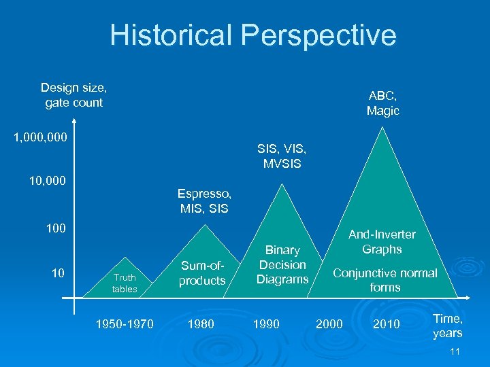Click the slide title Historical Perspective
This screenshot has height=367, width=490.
point(252,35)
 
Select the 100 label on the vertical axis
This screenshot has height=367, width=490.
point(56,228)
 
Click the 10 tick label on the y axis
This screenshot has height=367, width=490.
point(59,273)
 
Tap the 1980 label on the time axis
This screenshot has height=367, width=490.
point(200,324)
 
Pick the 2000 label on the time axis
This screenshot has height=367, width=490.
point(329,324)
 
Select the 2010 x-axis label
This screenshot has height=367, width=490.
point(387,324)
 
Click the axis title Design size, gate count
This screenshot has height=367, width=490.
point(73,95)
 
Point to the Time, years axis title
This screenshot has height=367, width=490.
point(447,326)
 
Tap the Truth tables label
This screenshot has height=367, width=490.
point(125,283)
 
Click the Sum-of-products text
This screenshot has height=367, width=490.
point(201,273)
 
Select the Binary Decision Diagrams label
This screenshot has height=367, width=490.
point(282,265)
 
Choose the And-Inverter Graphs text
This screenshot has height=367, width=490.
point(382,242)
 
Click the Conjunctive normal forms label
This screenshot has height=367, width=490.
point(385,280)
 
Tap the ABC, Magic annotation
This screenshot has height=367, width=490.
point(383,103)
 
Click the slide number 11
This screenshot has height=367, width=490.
point(456,351)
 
